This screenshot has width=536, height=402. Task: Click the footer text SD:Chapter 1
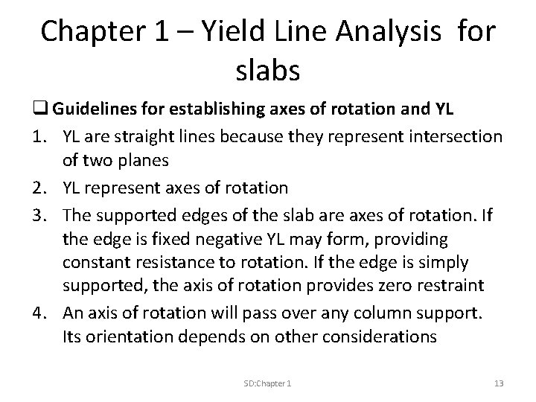(267, 383)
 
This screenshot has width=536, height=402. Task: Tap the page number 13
(499, 383)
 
